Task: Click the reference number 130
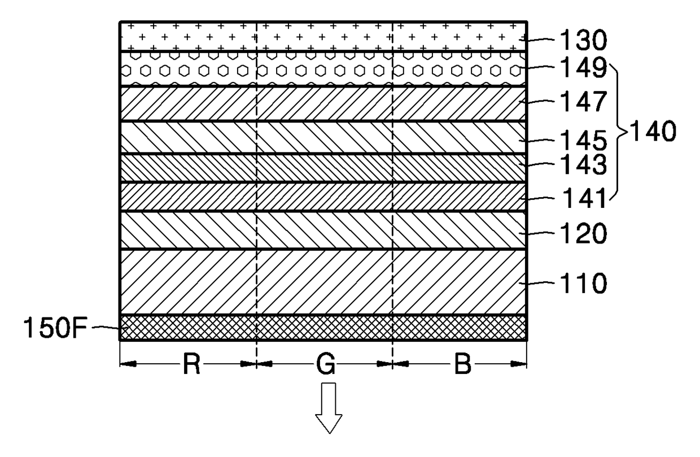[x=583, y=40]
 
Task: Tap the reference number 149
[x=583, y=68]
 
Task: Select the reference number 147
[x=583, y=101]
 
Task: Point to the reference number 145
[x=583, y=141]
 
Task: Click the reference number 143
[x=583, y=164]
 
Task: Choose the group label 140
[x=653, y=132]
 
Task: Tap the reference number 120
[x=583, y=233]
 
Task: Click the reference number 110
[x=583, y=284]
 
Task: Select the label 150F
[x=56, y=328]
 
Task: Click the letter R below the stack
[x=191, y=364]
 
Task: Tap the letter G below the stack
[x=326, y=364]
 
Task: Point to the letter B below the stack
[x=462, y=364]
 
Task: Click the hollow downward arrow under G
[x=329, y=408]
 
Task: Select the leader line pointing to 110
[x=536, y=283]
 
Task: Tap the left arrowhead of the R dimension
[x=128, y=364]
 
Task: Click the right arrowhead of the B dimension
[x=519, y=364]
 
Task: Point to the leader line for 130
[x=536, y=40]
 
